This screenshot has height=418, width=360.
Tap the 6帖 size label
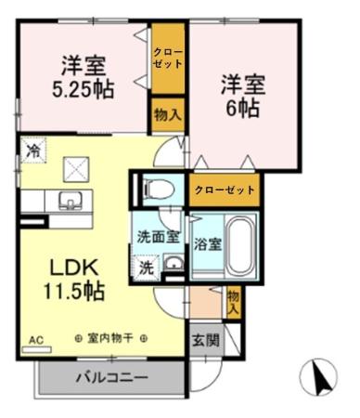pos(243,107)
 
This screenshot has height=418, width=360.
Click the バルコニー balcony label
pos(110,379)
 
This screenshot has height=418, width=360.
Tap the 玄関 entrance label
pos(206,340)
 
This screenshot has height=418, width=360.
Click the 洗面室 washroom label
pos(159,236)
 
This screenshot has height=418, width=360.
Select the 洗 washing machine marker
pos(147,267)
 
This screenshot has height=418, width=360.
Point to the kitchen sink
pos(70,201)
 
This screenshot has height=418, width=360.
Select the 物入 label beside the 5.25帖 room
pos(167,115)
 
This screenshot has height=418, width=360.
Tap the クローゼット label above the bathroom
pos(225,189)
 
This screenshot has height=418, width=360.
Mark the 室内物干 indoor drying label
pos(109,339)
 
